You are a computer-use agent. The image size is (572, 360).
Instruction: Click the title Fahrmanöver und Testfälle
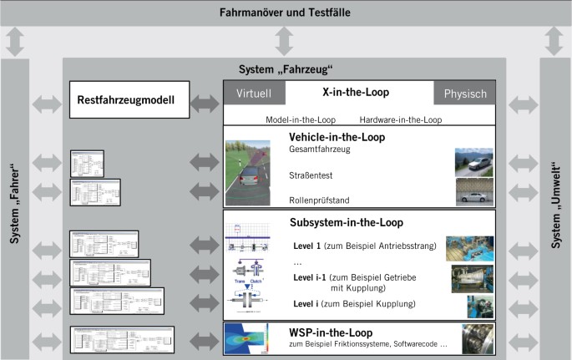tap(285, 13)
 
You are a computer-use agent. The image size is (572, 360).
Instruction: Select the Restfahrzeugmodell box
tap(125, 101)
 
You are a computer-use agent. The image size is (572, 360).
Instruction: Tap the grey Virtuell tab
tap(254, 94)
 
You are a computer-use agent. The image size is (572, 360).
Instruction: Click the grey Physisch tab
tap(465, 94)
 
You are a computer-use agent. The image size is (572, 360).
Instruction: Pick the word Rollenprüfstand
tap(320, 200)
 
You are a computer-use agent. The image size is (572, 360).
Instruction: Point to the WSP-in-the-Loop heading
tap(330, 332)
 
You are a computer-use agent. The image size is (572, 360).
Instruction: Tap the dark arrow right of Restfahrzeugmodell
tap(204, 102)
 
